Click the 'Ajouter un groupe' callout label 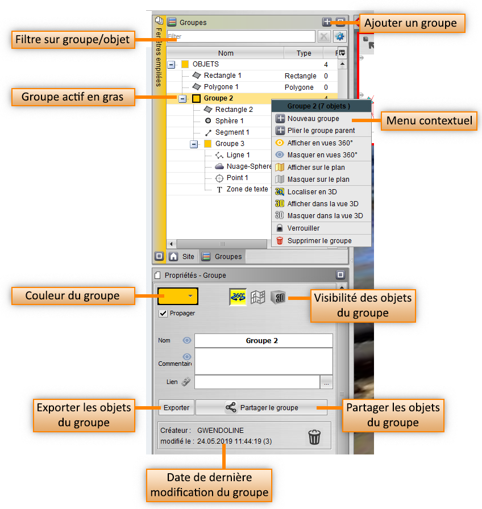(x=410, y=23)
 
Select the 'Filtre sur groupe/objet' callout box (x=72, y=40)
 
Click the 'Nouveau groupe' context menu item (x=313, y=119)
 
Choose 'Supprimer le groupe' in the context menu (x=319, y=240)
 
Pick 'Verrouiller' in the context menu (x=304, y=228)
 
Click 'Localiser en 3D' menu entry (x=312, y=192)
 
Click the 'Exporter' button (x=176, y=407)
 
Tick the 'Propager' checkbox (x=163, y=313)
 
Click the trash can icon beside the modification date (x=314, y=436)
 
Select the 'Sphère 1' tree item (x=230, y=121)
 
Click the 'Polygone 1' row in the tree (x=221, y=87)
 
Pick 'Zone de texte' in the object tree (x=247, y=189)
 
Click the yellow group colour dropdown (x=178, y=296)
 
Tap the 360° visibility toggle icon (x=238, y=297)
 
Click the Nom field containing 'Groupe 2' (x=263, y=340)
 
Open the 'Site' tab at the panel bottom (x=182, y=256)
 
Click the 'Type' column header (x=304, y=53)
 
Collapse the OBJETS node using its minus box (x=172, y=65)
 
